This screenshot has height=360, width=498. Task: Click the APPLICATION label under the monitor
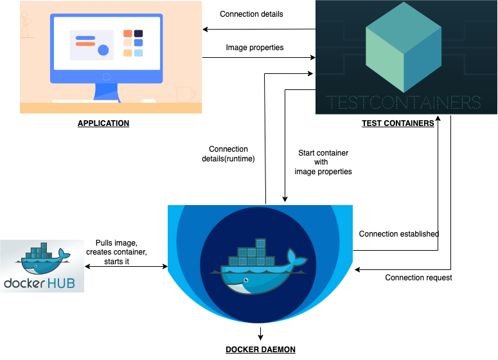103,123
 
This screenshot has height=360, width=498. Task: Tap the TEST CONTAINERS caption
398,123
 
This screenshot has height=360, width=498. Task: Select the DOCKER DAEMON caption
260,349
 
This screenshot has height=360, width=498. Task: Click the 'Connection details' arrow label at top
251,14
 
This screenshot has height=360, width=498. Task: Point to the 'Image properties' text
254,48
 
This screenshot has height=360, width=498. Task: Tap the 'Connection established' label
398,233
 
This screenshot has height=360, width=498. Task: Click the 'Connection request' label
418,278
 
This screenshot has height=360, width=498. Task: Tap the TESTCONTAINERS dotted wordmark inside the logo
403,103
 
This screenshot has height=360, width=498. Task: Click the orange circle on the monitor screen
103,50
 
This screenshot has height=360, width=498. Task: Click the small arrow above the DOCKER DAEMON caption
260,333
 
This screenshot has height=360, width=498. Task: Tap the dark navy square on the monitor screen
138,33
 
